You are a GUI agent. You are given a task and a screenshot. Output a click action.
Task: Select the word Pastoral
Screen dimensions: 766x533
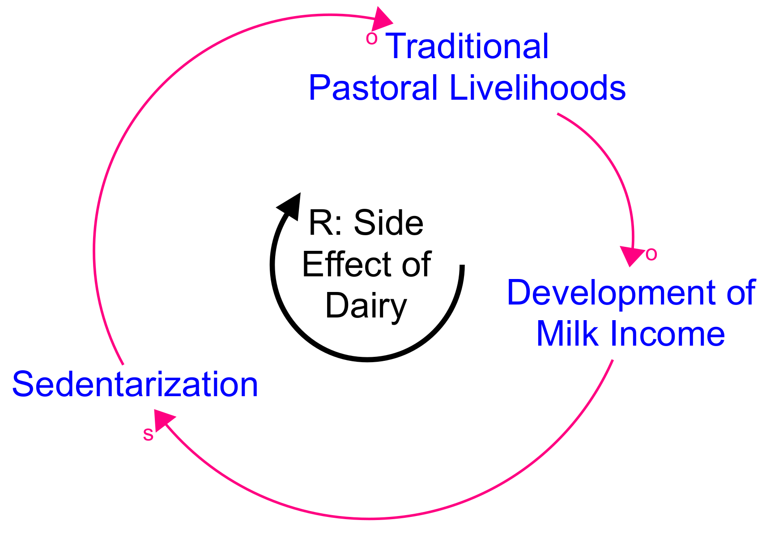pyautogui.click(x=373, y=88)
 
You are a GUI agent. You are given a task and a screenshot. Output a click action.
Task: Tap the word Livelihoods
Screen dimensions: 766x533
pyautogui.click(x=538, y=88)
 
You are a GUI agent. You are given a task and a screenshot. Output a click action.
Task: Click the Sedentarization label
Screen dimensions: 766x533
pyautogui.click(x=135, y=385)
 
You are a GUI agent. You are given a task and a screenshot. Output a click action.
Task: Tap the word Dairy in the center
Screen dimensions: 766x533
pyautogui.click(x=366, y=306)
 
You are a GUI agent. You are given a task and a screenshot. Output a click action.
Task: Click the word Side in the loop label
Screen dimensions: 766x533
pyautogui.click(x=389, y=222)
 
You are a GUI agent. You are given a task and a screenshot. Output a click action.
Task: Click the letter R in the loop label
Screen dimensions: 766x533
pyautogui.click(x=321, y=222)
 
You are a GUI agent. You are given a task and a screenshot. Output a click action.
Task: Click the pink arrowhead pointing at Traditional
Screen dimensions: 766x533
pyautogui.click(x=381, y=20)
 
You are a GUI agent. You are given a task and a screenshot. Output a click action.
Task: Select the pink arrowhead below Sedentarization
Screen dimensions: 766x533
pyautogui.click(x=163, y=420)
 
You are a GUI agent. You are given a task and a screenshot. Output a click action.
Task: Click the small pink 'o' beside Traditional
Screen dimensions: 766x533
pyautogui.click(x=372, y=38)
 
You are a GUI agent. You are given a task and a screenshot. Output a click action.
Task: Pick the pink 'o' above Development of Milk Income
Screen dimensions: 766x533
pyautogui.click(x=651, y=254)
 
